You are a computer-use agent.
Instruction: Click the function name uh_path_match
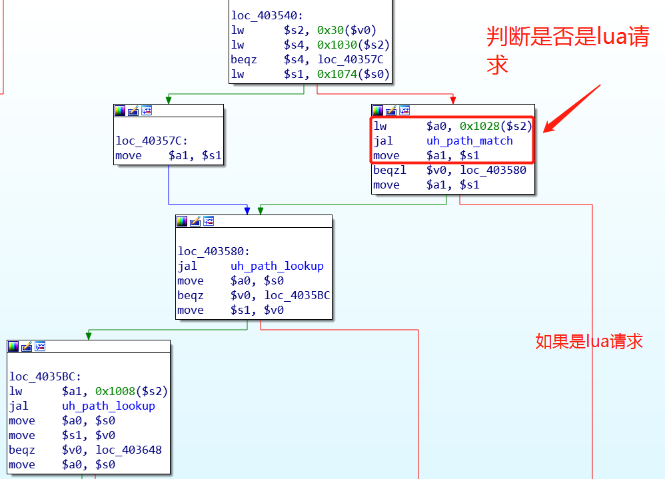pyautogui.click(x=469, y=141)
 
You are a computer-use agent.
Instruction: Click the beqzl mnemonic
pyautogui.click(x=390, y=170)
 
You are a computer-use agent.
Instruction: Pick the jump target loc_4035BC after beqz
pyautogui.click(x=297, y=295)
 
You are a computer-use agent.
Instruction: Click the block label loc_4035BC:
pyautogui.click(x=45, y=376)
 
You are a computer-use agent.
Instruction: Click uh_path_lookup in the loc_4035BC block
pyautogui.click(x=108, y=406)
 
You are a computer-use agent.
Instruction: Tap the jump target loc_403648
pyautogui.click(x=128, y=450)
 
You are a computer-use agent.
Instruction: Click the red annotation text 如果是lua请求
pyautogui.click(x=588, y=341)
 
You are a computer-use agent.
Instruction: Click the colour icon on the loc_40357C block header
pyautogui.click(x=120, y=111)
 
